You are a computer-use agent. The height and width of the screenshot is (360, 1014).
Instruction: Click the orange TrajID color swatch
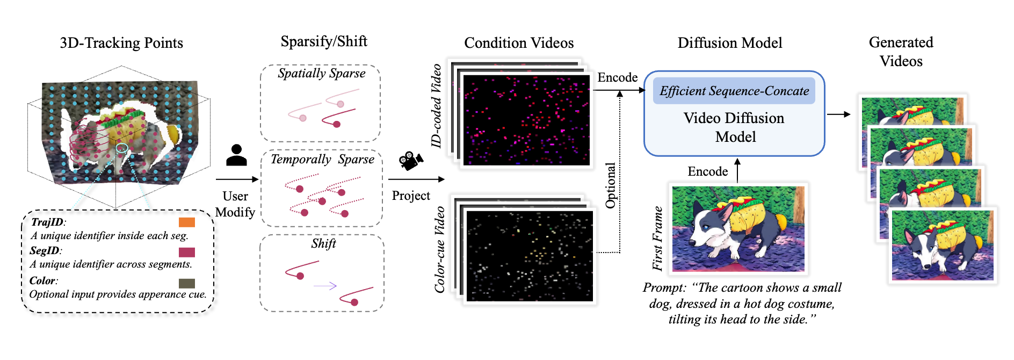[x=186, y=222]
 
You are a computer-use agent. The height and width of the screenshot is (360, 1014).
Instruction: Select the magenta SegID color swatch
[x=186, y=252]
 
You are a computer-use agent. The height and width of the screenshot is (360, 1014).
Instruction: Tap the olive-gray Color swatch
[x=186, y=283]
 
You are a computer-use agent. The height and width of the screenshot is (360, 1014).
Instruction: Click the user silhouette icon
[x=236, y=155]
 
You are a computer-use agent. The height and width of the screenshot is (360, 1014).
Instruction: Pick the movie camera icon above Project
[x=411, y=161]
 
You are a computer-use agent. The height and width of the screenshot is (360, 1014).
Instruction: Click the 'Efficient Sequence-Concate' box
[x=734, y=91]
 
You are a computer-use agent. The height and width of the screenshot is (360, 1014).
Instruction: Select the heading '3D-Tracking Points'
[x=121, y=43]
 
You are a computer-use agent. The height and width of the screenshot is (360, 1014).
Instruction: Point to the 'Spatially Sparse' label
[x=321, y=74]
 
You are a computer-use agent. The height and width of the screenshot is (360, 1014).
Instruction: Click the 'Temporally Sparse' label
[x=322, y=159]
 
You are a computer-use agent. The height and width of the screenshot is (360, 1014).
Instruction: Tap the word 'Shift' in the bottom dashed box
[x=323, y=243]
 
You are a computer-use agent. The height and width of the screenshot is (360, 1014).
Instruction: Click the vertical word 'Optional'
[x=611, y=185]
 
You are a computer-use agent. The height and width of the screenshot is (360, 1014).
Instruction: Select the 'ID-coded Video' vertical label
[x=437, y=105]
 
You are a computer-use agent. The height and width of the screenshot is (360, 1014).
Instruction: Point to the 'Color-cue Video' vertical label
[x=440, y=250]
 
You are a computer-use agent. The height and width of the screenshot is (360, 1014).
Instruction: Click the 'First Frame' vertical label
[x=657, y=238]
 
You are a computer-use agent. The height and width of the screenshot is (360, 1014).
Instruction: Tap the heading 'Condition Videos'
[x=519, y=43]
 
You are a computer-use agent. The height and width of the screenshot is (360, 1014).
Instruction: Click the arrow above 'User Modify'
[x=237, y=179]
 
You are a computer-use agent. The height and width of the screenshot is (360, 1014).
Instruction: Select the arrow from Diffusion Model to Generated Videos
[x=838, y=114]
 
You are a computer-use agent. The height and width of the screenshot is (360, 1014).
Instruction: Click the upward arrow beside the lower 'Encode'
[x=737, y=170]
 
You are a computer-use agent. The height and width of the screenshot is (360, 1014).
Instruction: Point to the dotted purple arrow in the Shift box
[x=325, y=286]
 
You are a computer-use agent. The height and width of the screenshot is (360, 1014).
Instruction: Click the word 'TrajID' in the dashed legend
[x=47, y=222]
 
